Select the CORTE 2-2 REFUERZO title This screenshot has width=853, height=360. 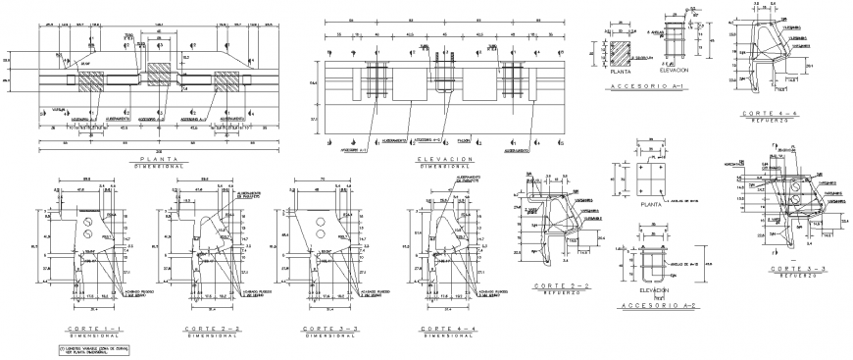tap(556, 287)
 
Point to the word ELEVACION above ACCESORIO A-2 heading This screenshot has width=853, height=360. tap(653, 290)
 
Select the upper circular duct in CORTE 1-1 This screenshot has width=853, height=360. tap(90, 222)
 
